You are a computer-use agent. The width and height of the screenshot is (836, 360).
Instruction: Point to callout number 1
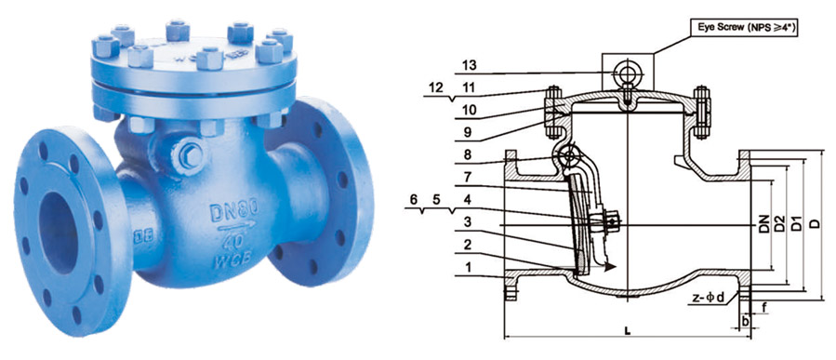point(467,268)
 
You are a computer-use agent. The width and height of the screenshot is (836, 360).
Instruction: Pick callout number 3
point(467,221)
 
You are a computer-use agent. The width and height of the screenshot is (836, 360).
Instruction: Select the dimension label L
point(629,331)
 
